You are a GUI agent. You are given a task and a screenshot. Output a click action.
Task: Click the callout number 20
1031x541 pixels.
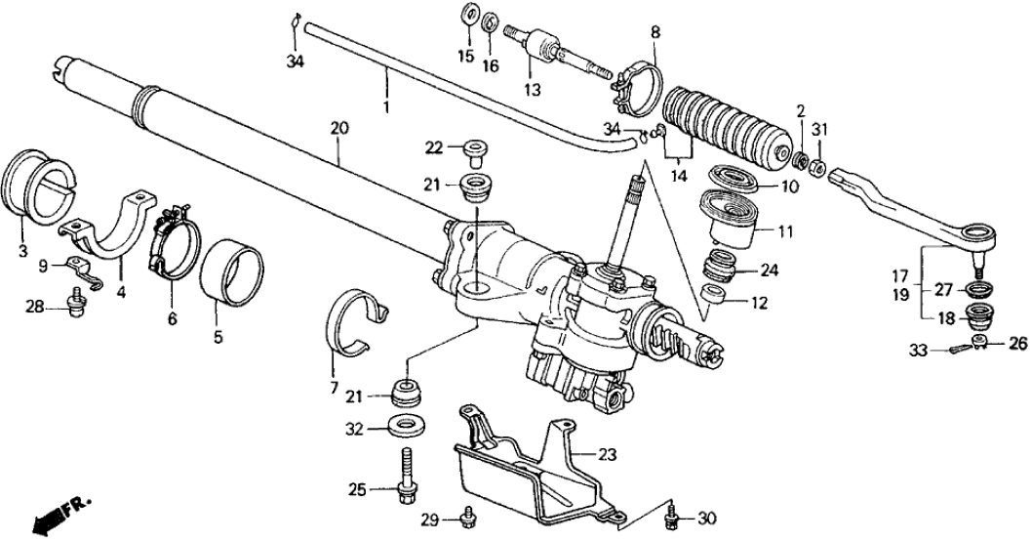click(x=338, y=128)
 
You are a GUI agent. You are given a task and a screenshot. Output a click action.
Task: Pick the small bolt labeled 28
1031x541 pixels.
click(x=74, y=307)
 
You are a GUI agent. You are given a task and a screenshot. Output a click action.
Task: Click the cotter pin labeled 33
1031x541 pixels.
click(x=960, y=345)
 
